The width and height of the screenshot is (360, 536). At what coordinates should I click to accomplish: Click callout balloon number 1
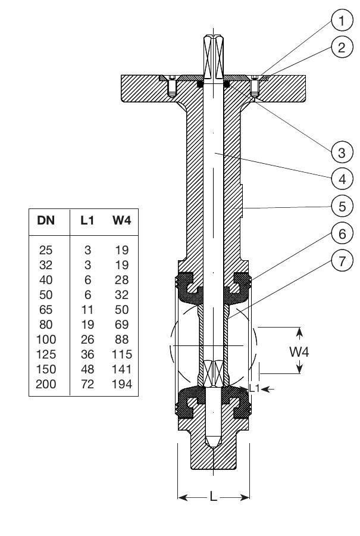pyautogui.click(x=342, y=20)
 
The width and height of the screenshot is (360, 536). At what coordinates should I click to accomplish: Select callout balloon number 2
pyautogui.click(x=342, y=47)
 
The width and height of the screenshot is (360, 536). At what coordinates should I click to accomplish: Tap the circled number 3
pyautogui.click(x=342, y=152)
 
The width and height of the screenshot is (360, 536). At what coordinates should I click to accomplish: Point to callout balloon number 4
pyautogui.click(x=342, y=179)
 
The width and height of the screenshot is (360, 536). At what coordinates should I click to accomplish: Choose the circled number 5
pyautogui.click(x=342, y=206)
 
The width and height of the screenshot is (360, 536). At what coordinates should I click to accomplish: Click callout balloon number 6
pyautogui.click(x=342, y=233)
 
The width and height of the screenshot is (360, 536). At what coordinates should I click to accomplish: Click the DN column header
pyautogui.click(x=46, y=220)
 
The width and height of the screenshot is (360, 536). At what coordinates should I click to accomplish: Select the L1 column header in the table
pyautogui.click(x=87, y=220)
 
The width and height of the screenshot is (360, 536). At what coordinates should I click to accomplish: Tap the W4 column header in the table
pyautogui.click(x=122, y=220)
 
